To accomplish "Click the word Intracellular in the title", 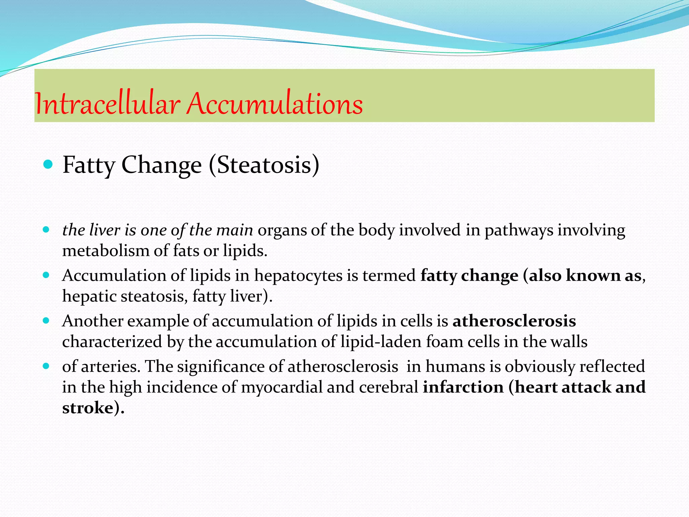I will pos(107,104).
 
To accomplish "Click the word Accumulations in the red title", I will pos(275,104).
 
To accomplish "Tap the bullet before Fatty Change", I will pos(48,165).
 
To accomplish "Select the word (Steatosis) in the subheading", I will pos(264,165).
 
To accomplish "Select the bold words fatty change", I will pos(469,276).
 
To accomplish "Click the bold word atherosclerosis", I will pos(514,321).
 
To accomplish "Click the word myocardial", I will pos(281,387).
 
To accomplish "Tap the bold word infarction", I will pos(463,387).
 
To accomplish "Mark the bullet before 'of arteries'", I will pos(46,366).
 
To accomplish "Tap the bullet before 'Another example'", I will pos(46,320).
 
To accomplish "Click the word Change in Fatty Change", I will pos(161,165).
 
